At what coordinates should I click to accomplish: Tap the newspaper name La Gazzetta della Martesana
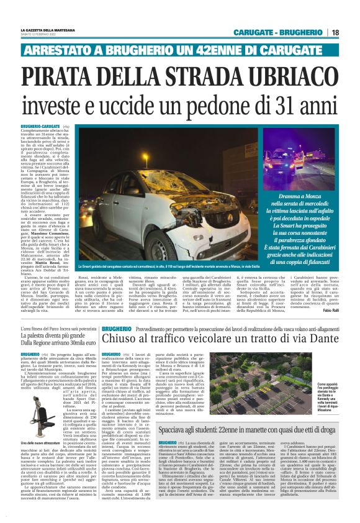click(50, 29)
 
